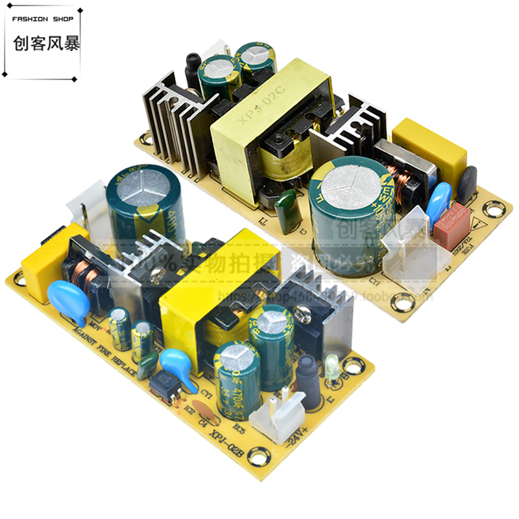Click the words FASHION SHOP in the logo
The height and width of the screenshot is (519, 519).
click(43, 19)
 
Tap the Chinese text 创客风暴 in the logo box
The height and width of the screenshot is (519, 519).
click(43, 45)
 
